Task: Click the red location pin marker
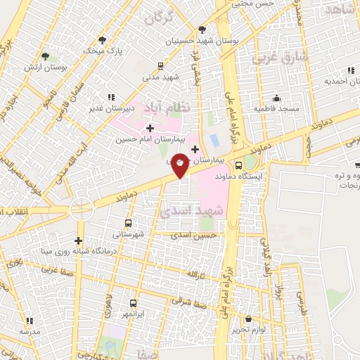(x=180, y=165)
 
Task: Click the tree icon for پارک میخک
(x=103, y=40)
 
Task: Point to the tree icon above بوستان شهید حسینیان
(x=202, y=30)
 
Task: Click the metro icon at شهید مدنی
(x=161, y=65)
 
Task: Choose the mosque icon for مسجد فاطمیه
(x=277, y=98)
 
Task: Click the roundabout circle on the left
(x=82, y=209)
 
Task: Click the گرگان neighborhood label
(x=158, y=18)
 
